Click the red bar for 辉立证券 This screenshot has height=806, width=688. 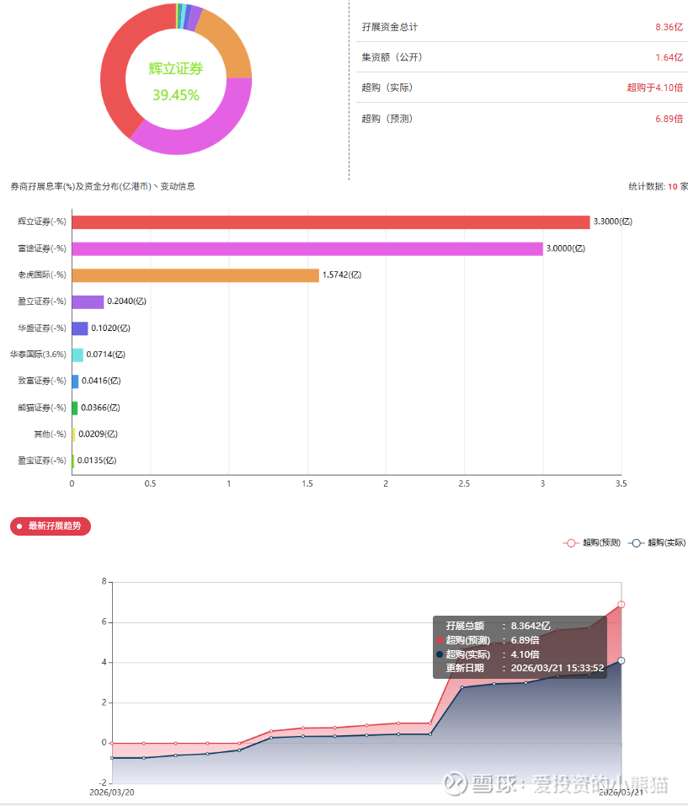pyautogui.click(x=330, y=222)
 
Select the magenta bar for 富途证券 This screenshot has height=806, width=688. pyautogui.click(x=307, y=248)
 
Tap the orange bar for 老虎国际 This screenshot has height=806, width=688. pyautogui.click(x=195, y=275)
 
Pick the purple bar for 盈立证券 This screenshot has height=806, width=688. pyautogui.click(x=88, y=302)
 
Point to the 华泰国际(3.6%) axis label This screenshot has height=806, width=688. pyautogui.click(x=38, y=355)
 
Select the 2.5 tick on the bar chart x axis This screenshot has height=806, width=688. pyautogui.click(x=464, y=483)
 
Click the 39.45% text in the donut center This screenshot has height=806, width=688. pyautogui.click(x=176, y=95)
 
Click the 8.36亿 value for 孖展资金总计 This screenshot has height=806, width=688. pyautogui.click(x=669, y=27)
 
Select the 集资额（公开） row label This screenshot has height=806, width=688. pyautogui.click(x=392, y=57)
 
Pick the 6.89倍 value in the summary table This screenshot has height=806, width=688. pyautogui.click(x=669, y=119)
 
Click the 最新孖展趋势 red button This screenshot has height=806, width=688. pyautogui.click(x=51, y=526)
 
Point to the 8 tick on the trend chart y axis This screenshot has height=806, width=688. pyautogui.click(x=104, y=582)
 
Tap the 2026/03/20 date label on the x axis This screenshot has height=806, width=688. pyautogui.click(x=112, y=793)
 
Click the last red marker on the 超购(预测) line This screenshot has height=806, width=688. pyautogui.click(x=621, y=604)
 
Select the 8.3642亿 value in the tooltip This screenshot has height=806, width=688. pyautogui.click(x=531, y=626)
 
